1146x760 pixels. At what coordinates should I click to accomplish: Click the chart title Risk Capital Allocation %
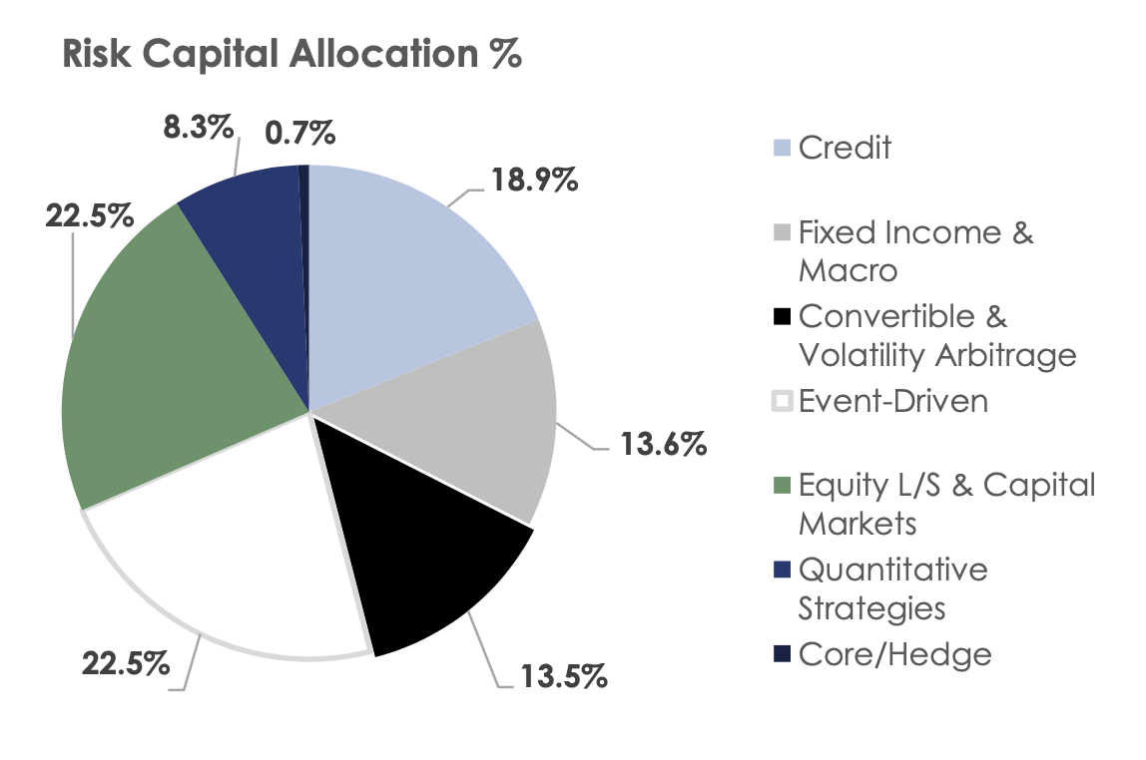291,56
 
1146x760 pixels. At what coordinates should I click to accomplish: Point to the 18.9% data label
534,184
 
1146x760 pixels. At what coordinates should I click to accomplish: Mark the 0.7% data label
300,132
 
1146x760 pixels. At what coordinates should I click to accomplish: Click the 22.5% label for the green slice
90,214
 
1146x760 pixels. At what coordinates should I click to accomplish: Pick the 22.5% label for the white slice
126,664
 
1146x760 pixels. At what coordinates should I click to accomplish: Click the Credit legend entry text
845,148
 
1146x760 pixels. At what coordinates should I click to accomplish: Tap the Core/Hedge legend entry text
895,654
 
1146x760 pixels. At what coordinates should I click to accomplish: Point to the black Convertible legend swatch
782,318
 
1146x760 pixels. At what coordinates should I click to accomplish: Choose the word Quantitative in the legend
892,570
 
